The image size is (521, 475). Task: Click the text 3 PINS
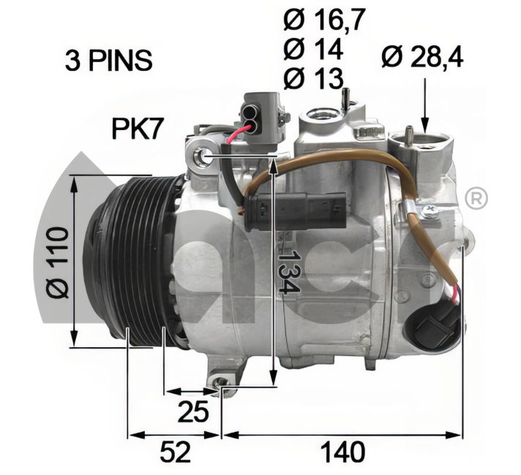point(108,61)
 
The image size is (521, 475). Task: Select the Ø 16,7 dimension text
point(324,20)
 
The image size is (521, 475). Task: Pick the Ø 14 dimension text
point(313,49)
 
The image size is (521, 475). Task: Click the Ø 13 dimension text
point(313,79)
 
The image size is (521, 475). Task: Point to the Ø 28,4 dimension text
point(422,57)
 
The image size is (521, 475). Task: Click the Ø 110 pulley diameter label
point(58,262)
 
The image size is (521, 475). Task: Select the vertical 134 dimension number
point(288,272)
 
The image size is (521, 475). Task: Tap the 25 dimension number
point(193,411)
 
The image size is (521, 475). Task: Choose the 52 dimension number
point(176,452)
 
